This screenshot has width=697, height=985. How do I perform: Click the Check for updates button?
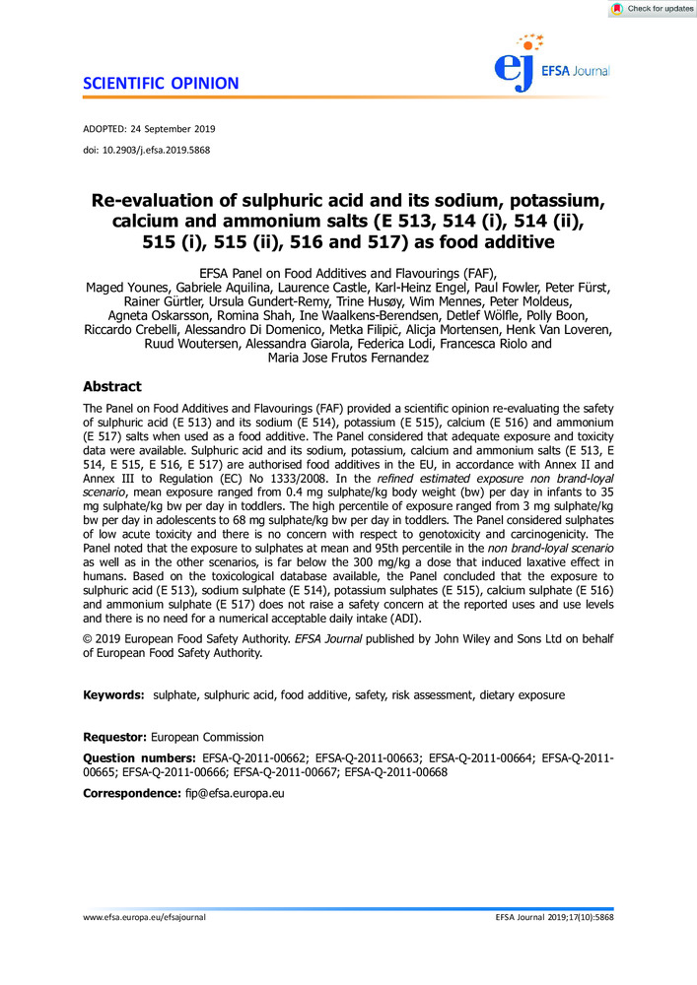652,9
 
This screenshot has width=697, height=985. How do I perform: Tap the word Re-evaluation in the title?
174,200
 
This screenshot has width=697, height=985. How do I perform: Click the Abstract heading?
111,387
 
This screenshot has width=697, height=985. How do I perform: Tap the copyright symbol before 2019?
89,640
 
